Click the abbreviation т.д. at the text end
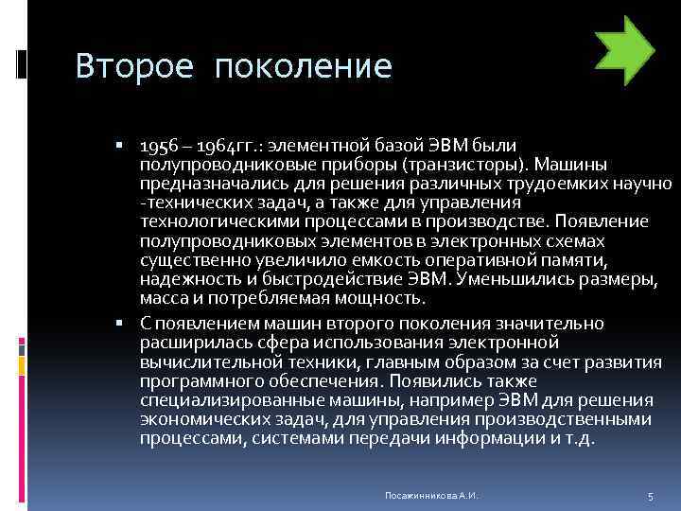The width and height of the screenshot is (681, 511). coord(578,438)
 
